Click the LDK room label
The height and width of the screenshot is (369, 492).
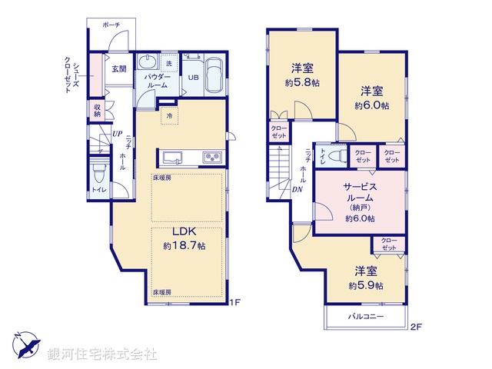click(183, 232)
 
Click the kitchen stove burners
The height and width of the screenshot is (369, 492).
click(212, 158)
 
